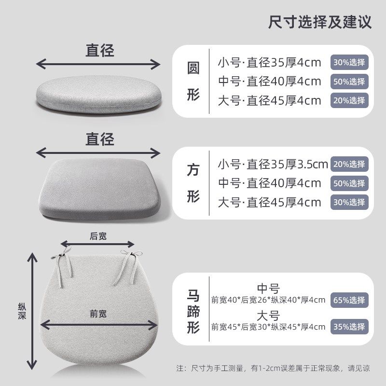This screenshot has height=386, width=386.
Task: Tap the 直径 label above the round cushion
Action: click(100, 51)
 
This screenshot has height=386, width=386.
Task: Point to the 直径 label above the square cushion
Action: click(100, 139)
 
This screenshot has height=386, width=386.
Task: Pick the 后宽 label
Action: click(98, 236)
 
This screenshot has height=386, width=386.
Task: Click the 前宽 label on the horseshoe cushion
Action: click(98, 314)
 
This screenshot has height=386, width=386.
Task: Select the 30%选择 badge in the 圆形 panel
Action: click(349, 62)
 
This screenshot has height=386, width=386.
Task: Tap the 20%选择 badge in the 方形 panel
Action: click(349, 164)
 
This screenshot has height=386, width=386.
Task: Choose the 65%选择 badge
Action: click(349, 300)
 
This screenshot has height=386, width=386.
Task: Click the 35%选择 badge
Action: click(349, 326)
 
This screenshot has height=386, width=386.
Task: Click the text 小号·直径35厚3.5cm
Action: click(273, 164)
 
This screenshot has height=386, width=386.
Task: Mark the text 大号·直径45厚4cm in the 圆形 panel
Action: click(269, 100)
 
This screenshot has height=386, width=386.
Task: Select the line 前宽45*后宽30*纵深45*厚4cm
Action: click(268, 327)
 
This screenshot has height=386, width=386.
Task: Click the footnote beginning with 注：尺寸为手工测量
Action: click(273, 368)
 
